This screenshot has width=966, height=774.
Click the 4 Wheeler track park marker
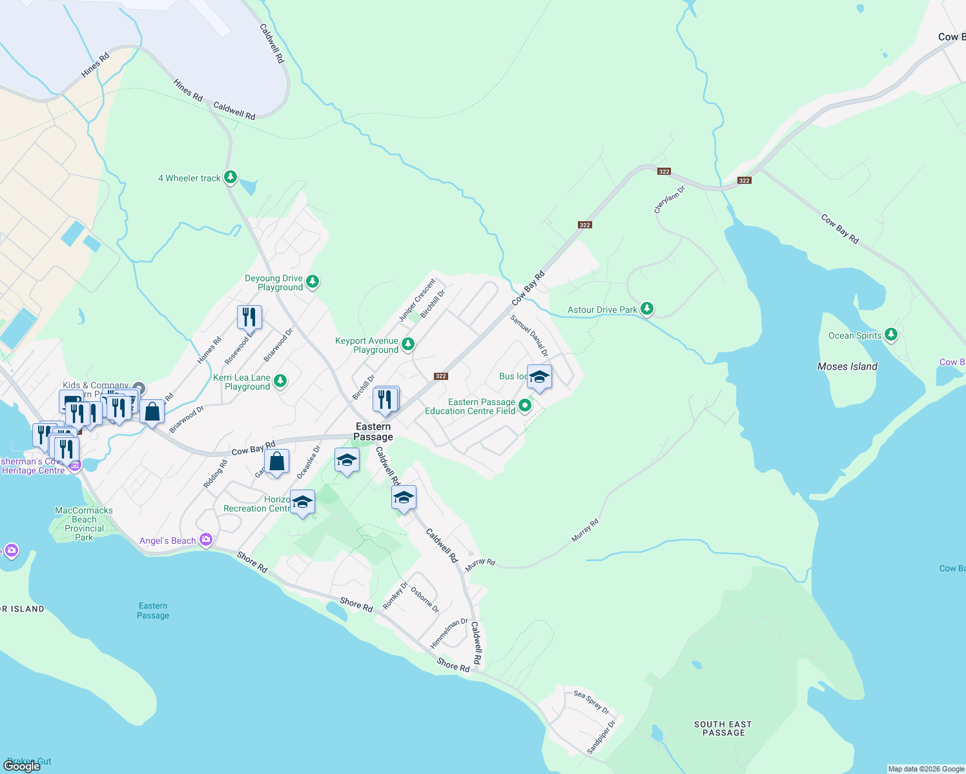tap(231, 177)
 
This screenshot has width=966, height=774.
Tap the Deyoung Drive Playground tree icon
tap(313, 281)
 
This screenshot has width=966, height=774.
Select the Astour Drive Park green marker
tap(647, 309)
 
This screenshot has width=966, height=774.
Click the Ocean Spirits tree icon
tap(891, 334)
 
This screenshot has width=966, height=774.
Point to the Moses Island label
tap(847, 366)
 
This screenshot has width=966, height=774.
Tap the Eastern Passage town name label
tap(373, 432)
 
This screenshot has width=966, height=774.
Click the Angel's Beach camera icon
tap(206, 540)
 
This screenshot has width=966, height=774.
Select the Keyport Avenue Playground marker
tap(408, 344)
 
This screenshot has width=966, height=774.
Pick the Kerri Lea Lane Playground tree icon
tap(280, 381)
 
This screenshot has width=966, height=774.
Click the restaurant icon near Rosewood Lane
tap(249, 317)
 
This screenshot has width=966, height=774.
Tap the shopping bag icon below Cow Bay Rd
tap(276, 462)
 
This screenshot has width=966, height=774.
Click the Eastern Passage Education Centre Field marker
tap(525, 406)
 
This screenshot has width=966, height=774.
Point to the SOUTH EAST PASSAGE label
tap(723, 728)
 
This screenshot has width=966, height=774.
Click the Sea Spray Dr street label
tap(591, 702)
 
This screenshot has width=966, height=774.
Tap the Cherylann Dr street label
tap(669, 199)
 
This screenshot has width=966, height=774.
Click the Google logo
tap(21, 766)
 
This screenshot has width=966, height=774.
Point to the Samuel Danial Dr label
tap(529, 335)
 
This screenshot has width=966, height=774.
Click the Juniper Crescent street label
tap(417, 300)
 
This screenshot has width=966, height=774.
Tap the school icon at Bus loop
tap(539, 377)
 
